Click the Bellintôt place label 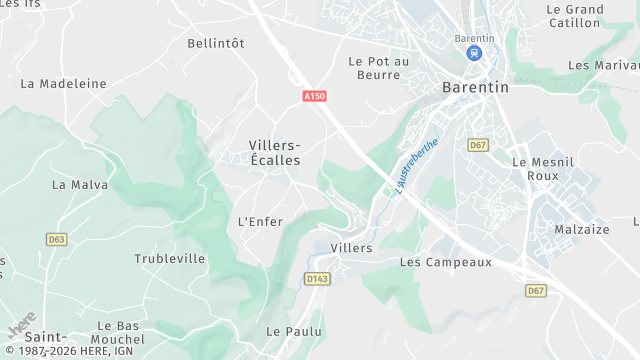click(216, 43)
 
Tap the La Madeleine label click(63, 84)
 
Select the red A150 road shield click(314, 97)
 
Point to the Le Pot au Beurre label click(379, 68)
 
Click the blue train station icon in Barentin click(475, 54)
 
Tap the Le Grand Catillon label click(575, 16)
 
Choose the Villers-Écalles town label click(275, 153)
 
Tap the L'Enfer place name click(260, 221)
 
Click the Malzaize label click(582, 229)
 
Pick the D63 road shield click(56, 239)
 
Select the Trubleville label click(170, 259)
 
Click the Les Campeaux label click(446, 262)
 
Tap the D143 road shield click(317, 279)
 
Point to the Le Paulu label click(294, 331)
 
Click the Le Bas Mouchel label click(118, 333)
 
